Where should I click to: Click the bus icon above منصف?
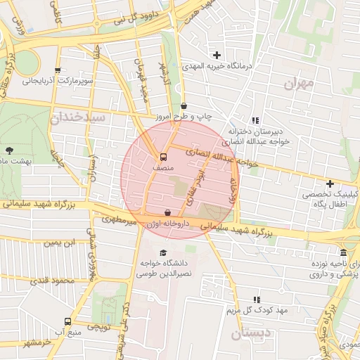coord(163,157)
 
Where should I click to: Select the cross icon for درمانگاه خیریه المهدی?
coord(217,55)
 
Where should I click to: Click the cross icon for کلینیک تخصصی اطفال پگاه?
coord(330,184)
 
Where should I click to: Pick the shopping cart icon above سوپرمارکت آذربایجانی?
coord(57,70)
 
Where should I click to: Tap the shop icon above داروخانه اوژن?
coord(167,212)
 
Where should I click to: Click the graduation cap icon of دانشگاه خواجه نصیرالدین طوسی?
coord(164,252)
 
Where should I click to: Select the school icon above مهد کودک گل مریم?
coord(257,300)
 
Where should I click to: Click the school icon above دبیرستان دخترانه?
coord(255,120)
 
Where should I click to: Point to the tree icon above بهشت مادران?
coord(9,150)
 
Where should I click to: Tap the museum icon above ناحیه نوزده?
coord(342,252)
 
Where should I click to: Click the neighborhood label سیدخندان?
coord(78,117)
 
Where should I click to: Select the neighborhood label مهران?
coord(298,84)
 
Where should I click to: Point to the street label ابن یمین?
coord(59,243)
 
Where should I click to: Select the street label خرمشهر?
coord(37,342)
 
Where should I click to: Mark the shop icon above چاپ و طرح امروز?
coord(184,105)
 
